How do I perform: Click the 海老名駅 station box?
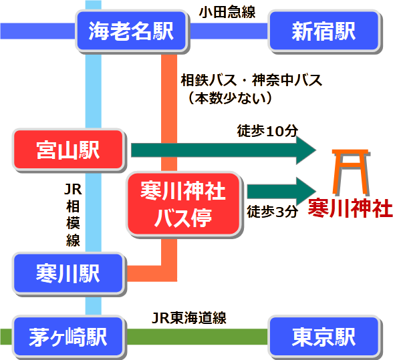pos(130,31)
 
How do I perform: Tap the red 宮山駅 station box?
pos(68,150)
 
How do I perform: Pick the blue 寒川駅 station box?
pos(68,273)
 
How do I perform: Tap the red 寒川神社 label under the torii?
pos(350,208)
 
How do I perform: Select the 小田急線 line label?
pos(227,11)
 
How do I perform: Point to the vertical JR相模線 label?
pos(72,214)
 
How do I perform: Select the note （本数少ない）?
pos(231,98)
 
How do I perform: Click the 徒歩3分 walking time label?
pos(272,212)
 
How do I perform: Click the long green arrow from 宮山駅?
pos(221,150)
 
